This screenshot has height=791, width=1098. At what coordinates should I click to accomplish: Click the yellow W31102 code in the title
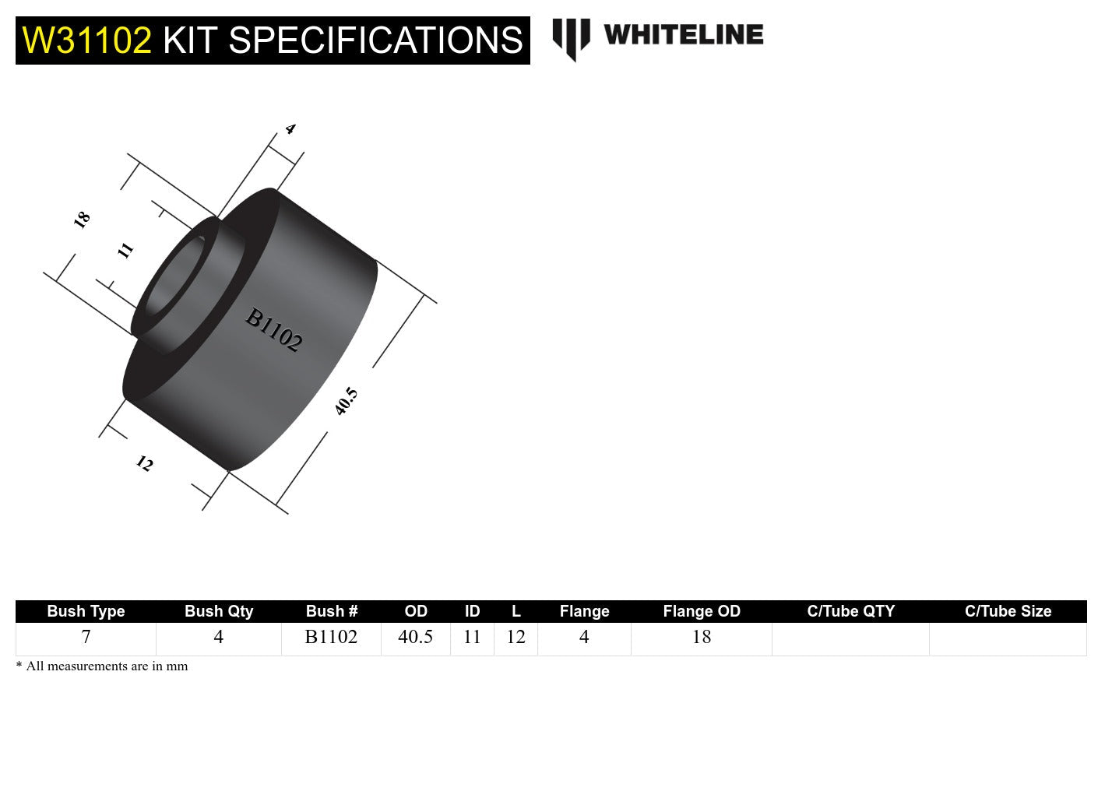pos(86,40)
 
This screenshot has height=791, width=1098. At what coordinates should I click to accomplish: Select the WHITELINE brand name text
pos(683,35)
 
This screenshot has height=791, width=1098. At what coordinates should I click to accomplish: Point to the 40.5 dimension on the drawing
pos(346,401)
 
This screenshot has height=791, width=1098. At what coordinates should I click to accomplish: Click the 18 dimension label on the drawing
pos(82,220)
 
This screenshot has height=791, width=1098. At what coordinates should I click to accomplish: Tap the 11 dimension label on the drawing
pos(125,250)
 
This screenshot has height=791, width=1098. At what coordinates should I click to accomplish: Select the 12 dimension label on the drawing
pos(144,464)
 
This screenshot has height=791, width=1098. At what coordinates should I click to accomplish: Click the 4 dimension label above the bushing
pos(290,129)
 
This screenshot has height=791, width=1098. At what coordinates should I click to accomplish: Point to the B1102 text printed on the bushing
pos(273,330)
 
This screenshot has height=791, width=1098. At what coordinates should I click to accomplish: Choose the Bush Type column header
pos(86,611)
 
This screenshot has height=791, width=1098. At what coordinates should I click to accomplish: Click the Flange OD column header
pos(701,611)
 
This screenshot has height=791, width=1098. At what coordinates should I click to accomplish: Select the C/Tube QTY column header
pos(850,611)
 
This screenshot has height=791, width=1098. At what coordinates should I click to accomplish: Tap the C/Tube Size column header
pos(1008,611)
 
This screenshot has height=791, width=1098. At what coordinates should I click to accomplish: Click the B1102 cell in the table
pos(331,637)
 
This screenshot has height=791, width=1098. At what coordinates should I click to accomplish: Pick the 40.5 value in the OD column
pos(415,637)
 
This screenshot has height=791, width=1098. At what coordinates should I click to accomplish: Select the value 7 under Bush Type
pos(86,637)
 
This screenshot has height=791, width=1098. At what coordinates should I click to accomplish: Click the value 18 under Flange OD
pos(701,637)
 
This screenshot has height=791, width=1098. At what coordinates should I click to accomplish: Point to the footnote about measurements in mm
pos(102,666)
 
